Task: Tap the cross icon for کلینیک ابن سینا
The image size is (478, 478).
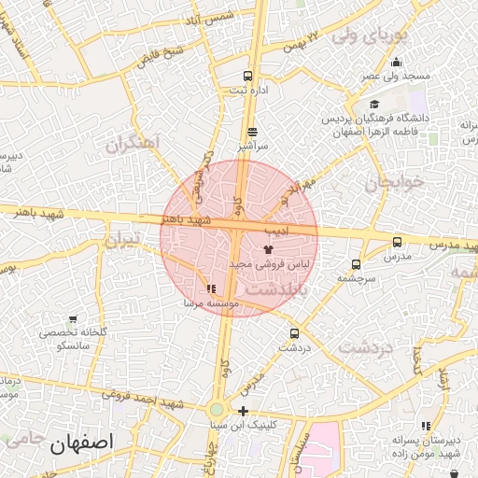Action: coord(243,411)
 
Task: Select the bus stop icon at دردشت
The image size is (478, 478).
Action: coord(295,333)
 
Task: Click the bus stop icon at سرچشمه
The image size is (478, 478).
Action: coord(356,264)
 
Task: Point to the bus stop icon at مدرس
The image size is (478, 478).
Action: coord(398,242)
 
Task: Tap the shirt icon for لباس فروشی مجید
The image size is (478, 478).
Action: coord(269,250)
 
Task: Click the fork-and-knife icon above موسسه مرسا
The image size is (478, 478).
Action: coord(211,289)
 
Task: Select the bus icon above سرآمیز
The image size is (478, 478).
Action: coord(253,133)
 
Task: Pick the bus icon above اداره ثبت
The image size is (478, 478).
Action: coord(247,76)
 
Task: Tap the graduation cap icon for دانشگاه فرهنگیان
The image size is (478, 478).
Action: coord(374,105)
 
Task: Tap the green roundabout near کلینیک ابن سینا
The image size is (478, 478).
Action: coord(217,409)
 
